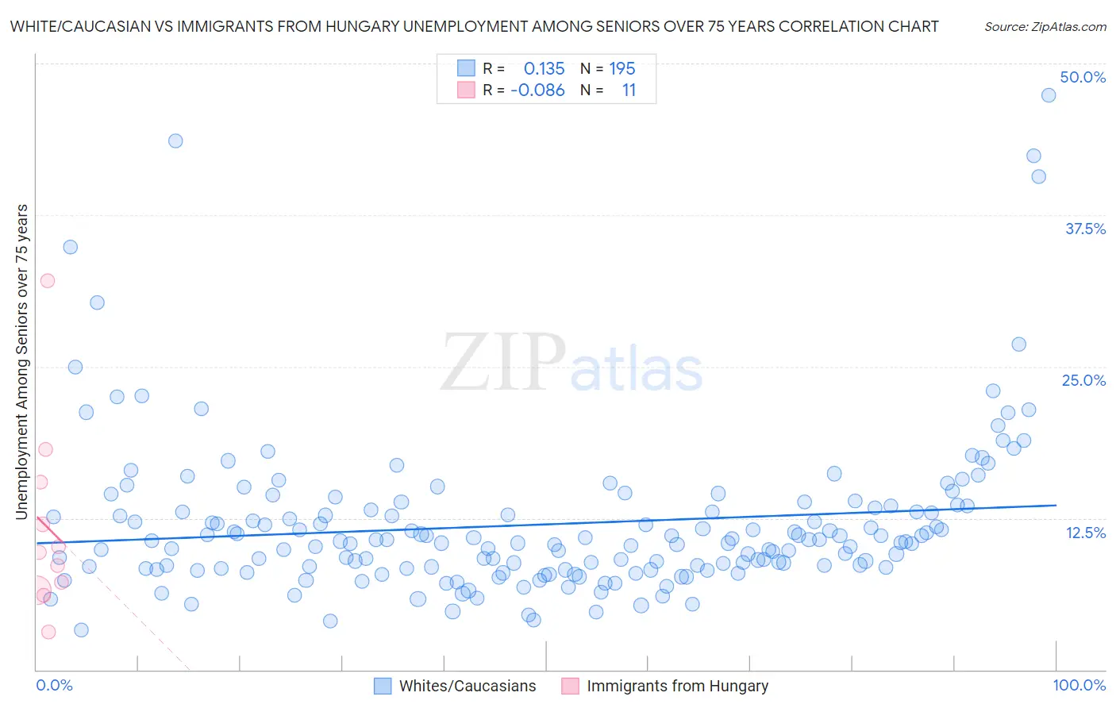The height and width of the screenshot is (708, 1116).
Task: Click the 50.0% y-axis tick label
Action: click(x=1083, y=77)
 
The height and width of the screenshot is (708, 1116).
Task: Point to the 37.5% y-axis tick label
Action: click(x=1085, y=229)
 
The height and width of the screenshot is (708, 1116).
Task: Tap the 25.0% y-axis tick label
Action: click(x=1083, y=380)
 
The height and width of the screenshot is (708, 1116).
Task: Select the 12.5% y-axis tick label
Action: click(x=1085, y=533)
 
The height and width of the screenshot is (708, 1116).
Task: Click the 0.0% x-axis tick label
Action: click(x=54, y=685)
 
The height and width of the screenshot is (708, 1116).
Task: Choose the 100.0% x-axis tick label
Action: click(x=1079, y=685)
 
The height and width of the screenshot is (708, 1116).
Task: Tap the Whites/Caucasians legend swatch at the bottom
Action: click(x=383, y=686)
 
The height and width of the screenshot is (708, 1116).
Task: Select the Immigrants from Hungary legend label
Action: click(x=677, y=686)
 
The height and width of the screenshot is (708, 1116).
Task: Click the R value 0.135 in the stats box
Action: click(x=544, y=68)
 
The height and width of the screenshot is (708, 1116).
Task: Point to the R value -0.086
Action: click(x=537, y=90)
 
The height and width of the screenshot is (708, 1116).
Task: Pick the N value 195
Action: click(x=621, y=68)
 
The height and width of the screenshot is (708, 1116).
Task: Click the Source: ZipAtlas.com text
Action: click(x=1045, y=26)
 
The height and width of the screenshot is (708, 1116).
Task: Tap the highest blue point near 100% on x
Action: click(x=1049, y=95)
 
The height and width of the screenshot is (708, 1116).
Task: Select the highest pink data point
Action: click(x=48, y=280)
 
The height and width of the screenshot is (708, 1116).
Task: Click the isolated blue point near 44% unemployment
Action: click(x=175, y=140)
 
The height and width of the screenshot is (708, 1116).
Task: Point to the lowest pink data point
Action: click(x=48, y=632)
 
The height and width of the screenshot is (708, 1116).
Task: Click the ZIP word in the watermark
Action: click(x=502, y=363)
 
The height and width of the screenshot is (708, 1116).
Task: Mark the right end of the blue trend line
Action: click(x=1056, y=505)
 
